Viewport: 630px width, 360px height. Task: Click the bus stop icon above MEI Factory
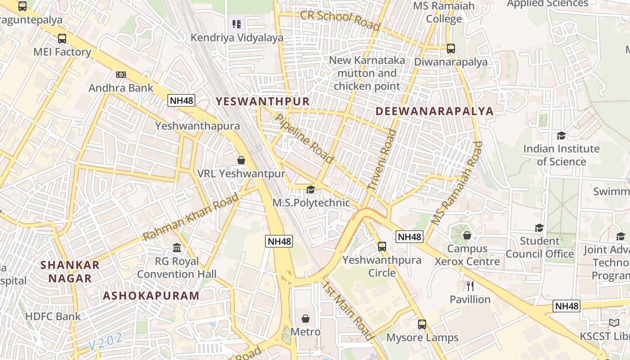[62, 39]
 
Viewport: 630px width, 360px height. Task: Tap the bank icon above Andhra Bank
[121, 74]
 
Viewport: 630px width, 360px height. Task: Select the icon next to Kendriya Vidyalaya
[237, 24]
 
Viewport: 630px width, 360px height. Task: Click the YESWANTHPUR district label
[263, 102]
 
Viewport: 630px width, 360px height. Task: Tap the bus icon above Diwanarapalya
[450, 49]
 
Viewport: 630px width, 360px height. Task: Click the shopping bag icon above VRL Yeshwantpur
[241, 160]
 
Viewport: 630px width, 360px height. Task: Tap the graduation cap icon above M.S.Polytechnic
[310, 189]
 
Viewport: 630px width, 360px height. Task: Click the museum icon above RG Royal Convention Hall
[177, 248]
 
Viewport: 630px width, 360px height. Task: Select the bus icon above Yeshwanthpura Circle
[382, 246]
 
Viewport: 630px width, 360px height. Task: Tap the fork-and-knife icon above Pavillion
[470, 286]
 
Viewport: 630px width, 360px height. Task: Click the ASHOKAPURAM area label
[151, 296]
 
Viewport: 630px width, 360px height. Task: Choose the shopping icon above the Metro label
[306, 319]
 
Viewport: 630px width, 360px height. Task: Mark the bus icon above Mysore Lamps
[422, 324]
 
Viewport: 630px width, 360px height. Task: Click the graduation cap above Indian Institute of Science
[561, 135]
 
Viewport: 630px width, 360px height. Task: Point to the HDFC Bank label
[53, 316]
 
